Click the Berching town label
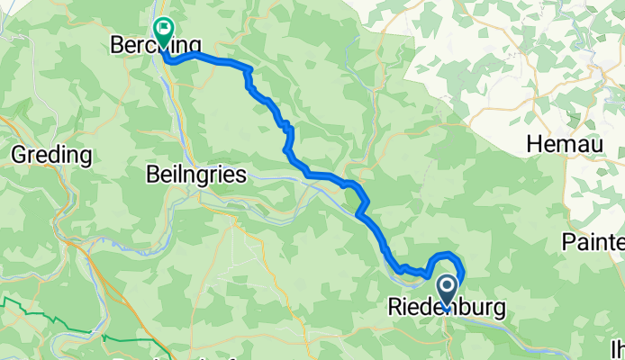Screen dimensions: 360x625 coord(155,44)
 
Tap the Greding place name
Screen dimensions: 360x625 coord(51,156)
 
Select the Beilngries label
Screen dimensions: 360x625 coord(196,176)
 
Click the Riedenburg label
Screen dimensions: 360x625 coord(446,308)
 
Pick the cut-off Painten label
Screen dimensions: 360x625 coord(593,241)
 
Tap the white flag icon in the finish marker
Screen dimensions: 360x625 coord(164,28)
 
